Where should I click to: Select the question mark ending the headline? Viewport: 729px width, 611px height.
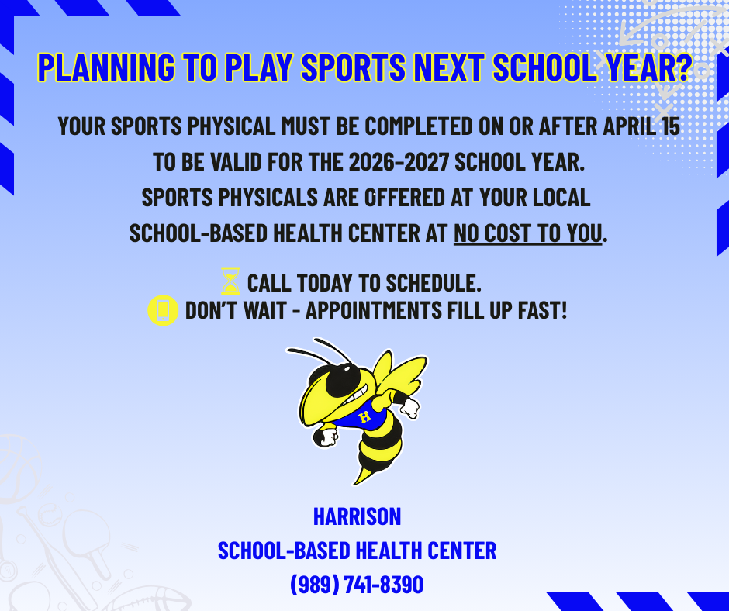[681, 69]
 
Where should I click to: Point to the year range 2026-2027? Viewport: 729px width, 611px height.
[397, 163]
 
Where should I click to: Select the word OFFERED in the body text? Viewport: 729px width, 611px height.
[403, 198]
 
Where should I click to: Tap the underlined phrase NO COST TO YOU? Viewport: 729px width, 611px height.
[527, 233]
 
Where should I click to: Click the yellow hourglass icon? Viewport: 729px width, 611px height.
[230, 281]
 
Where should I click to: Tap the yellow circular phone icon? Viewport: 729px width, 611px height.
[163, 311]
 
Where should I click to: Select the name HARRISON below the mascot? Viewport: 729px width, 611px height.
[357, 516]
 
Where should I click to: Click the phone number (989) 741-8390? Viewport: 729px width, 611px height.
[357, 584]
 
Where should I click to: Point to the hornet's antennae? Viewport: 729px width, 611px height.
[318, 350]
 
